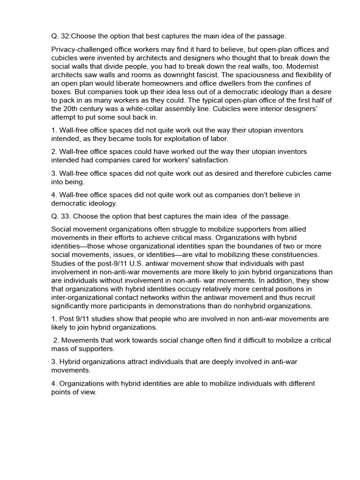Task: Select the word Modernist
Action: point(314,67)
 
